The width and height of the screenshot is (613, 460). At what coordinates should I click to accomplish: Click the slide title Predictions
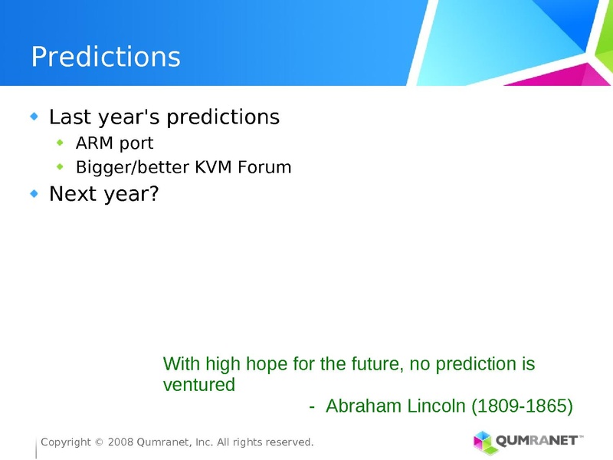[x=106, y=58]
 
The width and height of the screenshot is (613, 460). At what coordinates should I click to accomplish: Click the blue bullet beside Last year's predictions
[x=34, y=117]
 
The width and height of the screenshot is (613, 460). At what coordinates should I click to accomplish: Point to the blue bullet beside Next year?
[x=34, y=194]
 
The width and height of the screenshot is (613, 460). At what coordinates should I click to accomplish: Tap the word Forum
[x=265, y=167]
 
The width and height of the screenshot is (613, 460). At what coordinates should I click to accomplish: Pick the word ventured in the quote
[x=199, y=385]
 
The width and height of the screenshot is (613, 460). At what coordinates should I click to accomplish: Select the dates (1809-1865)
[x=521, y=406]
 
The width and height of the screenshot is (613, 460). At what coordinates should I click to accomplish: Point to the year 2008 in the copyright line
[x=120, y=442]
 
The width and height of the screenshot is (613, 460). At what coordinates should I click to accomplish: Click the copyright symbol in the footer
[x=99, y=442]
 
